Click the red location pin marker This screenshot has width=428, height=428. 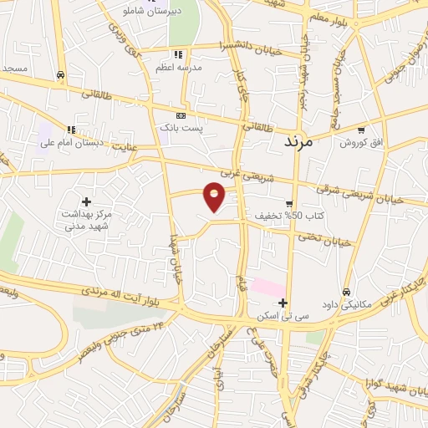point(215,197)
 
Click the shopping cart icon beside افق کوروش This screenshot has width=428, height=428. point(361,130)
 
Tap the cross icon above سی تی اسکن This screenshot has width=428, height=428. point(283,303)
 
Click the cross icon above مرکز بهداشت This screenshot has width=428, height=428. point(86,201)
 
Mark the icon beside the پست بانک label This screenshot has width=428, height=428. point(180,115)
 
